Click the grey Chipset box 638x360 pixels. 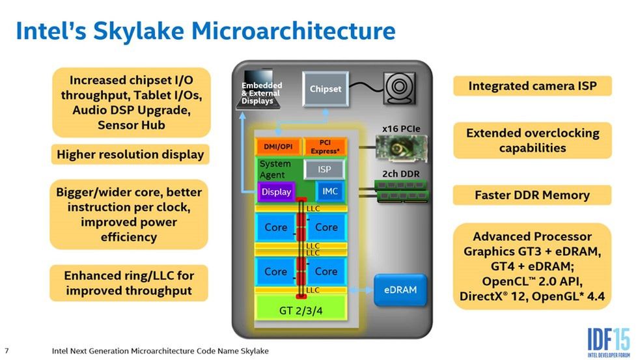325,89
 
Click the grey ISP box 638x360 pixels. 324,169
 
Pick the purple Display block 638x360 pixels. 276,192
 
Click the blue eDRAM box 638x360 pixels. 400,289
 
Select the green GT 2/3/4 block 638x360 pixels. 300,310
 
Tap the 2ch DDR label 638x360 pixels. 399,174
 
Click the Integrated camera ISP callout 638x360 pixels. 532,86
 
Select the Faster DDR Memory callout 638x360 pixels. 532,195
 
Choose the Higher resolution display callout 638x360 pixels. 130,154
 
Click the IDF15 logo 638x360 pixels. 608,339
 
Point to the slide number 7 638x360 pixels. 7,351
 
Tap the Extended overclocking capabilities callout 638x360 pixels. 532,140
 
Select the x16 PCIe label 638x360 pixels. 399,129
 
